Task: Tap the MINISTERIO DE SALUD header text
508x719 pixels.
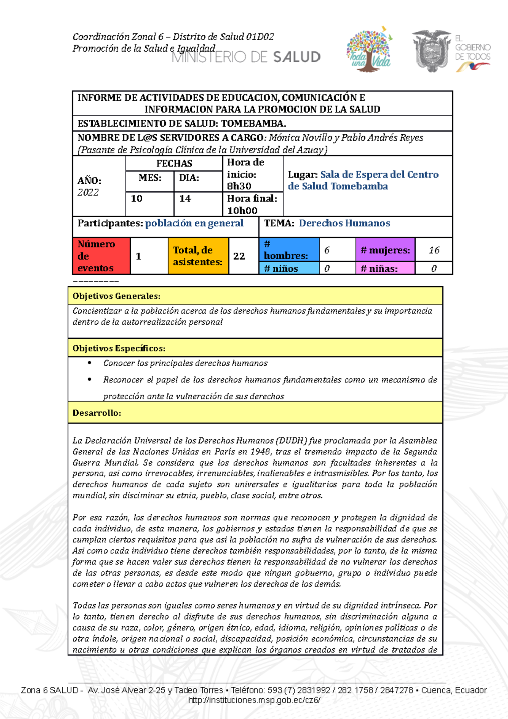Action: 246,57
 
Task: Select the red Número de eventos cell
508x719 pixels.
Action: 101,256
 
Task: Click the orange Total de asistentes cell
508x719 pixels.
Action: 198,256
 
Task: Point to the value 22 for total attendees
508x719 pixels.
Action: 239,256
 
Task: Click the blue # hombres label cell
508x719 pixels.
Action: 289,250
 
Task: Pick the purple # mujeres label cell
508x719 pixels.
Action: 385,250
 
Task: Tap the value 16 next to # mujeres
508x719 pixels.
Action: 434,250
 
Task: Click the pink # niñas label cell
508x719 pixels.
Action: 385,268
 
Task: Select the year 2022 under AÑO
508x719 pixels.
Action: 88,192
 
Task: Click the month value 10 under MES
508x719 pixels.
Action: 137,199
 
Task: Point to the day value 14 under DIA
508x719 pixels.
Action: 185,199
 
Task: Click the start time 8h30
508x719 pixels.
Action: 239,186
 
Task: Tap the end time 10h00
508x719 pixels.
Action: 242,210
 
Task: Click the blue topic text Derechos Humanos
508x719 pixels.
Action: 344,223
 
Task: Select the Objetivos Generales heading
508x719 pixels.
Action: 116,296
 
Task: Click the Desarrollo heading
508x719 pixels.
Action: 97,413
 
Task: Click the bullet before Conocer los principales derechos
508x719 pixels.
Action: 89,363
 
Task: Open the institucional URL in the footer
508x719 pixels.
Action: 254,700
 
